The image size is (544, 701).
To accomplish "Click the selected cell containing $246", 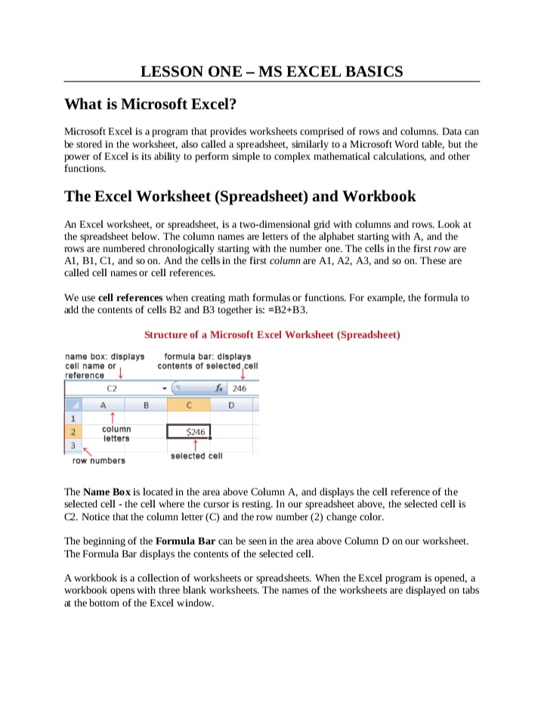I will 189,431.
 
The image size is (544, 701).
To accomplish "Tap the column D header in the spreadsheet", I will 230,404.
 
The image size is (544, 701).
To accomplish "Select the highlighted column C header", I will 189,404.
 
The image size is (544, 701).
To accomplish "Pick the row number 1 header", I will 73,417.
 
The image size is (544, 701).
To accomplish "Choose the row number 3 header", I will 73,445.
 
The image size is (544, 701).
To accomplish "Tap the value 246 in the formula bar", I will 240,389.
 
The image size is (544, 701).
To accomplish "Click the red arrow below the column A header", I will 112,418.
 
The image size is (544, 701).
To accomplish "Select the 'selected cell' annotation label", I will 196,455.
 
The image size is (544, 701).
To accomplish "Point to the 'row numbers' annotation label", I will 98,460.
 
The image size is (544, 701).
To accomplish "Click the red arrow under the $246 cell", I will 196,445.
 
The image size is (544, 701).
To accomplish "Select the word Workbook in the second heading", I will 379,197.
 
